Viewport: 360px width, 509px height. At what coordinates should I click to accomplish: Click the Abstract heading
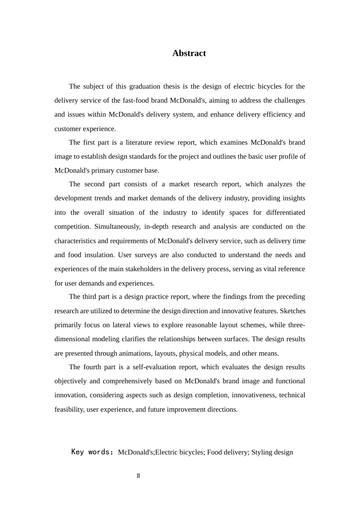click(189, 53)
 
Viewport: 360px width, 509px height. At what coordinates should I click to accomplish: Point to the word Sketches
click(293, 311)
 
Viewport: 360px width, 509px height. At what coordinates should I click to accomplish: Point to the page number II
click(138, 476)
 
